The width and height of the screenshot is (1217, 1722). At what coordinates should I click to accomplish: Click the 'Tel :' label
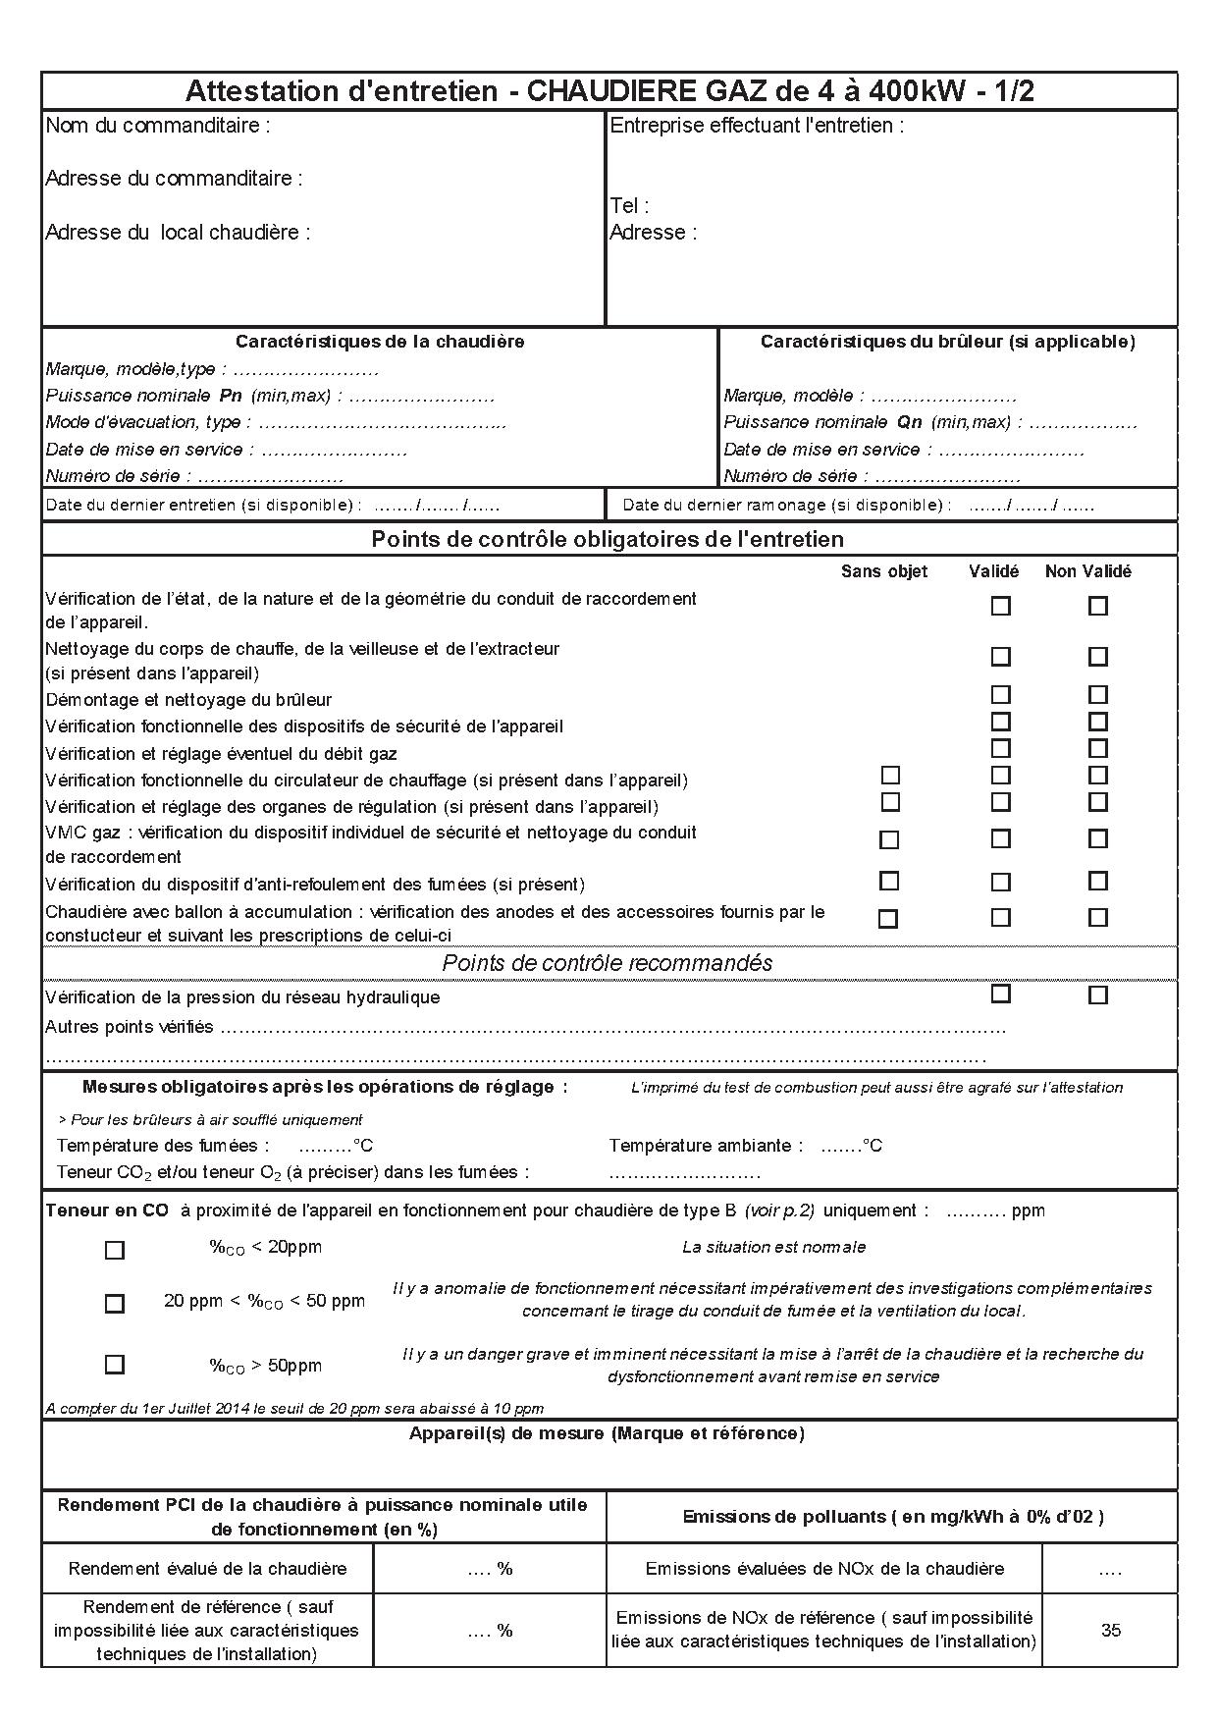(x=629, y=206)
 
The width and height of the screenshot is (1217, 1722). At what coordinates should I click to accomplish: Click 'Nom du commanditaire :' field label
(x=158, y=126)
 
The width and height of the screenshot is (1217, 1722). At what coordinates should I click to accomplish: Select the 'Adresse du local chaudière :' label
(x=178, y=233)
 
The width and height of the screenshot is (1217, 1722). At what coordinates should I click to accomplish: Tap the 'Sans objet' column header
(x=883, y=571)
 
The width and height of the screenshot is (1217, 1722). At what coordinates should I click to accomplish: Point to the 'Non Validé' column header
(x=1087, y=571)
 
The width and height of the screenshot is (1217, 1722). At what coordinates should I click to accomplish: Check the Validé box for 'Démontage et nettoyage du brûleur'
(x=1000, y=695)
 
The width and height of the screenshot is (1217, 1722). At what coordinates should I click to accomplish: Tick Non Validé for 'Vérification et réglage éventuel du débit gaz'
(x=1097, y=749)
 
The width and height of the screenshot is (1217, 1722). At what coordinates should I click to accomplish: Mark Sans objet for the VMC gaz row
(x=889, y=840)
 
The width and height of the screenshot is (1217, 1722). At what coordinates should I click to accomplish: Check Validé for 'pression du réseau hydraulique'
(x=1000, y=994)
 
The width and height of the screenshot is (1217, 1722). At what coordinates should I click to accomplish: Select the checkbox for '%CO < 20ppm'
(x=115, y=1250)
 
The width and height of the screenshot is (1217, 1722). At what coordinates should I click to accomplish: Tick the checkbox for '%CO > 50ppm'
(x=115, y=1365)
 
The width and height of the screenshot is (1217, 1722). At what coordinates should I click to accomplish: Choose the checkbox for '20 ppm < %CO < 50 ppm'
(x=115, y=1304)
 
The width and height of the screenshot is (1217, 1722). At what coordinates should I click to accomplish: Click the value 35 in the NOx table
(x=1110, y=1630)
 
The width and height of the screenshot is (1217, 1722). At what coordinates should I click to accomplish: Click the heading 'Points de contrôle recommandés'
(x=608, y=963)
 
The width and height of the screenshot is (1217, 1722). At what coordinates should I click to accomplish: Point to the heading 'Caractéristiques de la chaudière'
(x=380, y=342)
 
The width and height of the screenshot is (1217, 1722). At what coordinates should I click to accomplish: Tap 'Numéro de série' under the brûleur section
(x=796, y=477)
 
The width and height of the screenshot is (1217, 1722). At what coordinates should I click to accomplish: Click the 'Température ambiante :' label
(x=706, y=1146)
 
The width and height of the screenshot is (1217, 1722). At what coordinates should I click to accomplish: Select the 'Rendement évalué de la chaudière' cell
(x=208, y=1569)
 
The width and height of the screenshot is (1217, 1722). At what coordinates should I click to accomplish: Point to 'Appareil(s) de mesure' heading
(x=607, y=1433)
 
